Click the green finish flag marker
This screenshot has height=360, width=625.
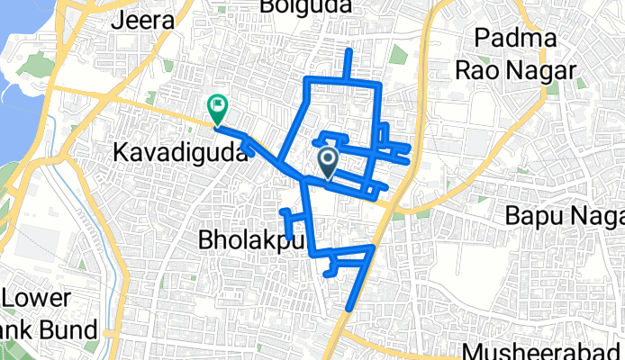(x=217, y=108)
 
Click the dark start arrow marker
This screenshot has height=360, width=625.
(x=328, y=162)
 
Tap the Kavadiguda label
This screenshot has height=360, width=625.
(x=180, y=154)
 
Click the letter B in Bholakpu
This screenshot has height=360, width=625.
(x=204, y=241)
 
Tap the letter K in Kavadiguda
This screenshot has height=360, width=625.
(x=121, y=154)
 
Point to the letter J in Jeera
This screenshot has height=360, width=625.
(x=115, y=20)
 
